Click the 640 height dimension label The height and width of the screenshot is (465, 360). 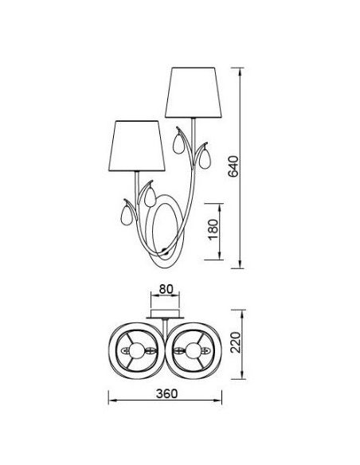(x=233, y=166)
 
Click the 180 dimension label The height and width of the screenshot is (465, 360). (x=213, y=229)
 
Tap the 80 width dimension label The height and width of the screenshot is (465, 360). (x=166, y=289)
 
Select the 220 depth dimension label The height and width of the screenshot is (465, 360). (x=236, y=342)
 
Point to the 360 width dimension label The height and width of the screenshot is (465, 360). (x=167, y=393)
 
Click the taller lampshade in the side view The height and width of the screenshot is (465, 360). (x=194, y=92)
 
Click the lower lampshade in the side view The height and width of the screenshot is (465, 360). (x=137, y=146)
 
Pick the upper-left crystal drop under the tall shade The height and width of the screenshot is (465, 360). (x=179, y=143)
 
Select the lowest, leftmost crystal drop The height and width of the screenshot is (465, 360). (x=127, y=215)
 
